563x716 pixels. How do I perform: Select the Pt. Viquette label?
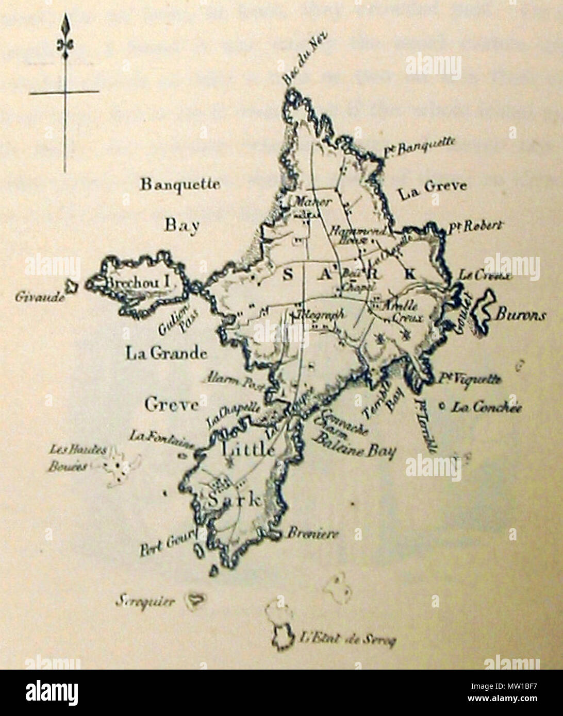469,380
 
